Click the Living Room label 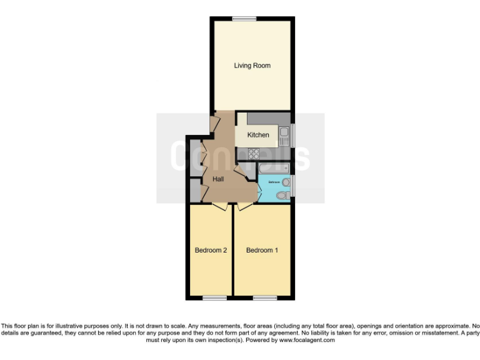252,66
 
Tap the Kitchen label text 258,135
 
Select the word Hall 218,179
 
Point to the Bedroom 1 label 262,251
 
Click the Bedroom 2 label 210,251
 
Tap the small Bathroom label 274,182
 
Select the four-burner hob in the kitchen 254,154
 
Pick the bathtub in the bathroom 272,167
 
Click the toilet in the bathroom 282,196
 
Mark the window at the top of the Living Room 244,18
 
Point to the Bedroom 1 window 264,297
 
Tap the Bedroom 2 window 214,297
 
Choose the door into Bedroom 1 244,206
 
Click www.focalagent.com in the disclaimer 306,341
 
